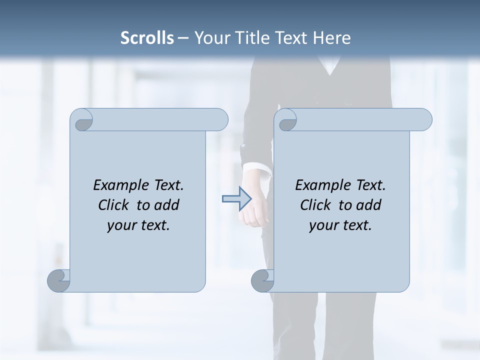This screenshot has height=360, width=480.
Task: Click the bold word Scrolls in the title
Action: [x=147, y=38]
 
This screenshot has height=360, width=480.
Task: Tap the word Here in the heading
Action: [x=331, y=38]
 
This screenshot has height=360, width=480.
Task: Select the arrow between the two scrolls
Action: [x=236, y=199]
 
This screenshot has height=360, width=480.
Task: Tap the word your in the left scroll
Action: [x=120, y=225]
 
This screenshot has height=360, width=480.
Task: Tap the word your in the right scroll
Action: [x=322, y=225]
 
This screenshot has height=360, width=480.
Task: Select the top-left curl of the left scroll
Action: [x=82, y=120]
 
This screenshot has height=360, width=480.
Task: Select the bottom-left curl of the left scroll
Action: [x=59, y=280]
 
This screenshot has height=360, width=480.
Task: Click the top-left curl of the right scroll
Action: [x=286, y=120]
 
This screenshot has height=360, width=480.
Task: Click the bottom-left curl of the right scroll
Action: [x=263, y=280]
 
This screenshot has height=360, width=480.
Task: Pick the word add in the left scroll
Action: [x=167, y=205]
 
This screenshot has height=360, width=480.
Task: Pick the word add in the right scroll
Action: [x=369, y=205]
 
